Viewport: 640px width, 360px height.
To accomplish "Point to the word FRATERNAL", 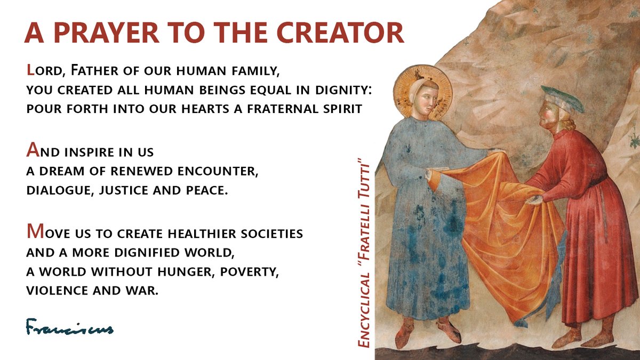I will [277, 109].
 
